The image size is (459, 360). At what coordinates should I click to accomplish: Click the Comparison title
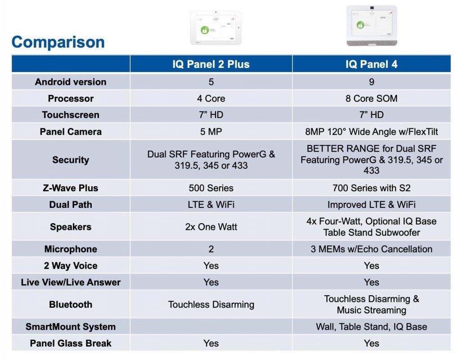58,42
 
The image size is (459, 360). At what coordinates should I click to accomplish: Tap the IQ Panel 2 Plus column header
211,64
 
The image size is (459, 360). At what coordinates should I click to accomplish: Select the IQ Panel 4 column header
371,64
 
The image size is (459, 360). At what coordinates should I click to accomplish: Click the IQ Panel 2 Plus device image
216,28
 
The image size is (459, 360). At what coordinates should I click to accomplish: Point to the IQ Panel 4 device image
372,26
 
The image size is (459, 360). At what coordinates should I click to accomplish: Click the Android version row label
71,82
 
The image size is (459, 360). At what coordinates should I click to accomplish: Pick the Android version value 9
371,82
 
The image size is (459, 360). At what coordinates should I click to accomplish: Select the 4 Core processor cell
211,99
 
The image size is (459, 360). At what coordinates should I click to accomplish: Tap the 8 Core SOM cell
371,99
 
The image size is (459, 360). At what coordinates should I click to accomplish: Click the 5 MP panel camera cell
211,132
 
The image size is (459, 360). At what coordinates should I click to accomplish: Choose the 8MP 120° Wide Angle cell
371,132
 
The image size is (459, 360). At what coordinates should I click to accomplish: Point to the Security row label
71,160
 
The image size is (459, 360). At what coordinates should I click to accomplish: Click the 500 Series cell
211,188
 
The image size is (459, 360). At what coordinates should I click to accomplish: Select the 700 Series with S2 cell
371,188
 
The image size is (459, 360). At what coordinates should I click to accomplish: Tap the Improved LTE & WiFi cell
371,205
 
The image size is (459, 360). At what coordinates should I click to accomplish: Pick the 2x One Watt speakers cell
211,227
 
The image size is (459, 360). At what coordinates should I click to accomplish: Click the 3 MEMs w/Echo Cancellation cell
371,249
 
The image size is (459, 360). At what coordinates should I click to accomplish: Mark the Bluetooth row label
71,304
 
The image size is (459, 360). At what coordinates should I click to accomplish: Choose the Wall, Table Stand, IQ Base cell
371,327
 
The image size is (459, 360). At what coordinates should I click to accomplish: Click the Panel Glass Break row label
71,343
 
